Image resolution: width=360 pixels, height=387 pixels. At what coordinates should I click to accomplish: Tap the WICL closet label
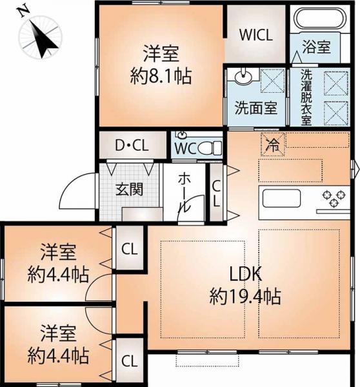(256, 35)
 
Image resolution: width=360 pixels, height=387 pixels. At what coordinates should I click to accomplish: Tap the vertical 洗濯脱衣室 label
(306, 97)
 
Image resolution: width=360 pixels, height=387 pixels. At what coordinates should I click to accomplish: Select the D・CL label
(132, 145)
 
